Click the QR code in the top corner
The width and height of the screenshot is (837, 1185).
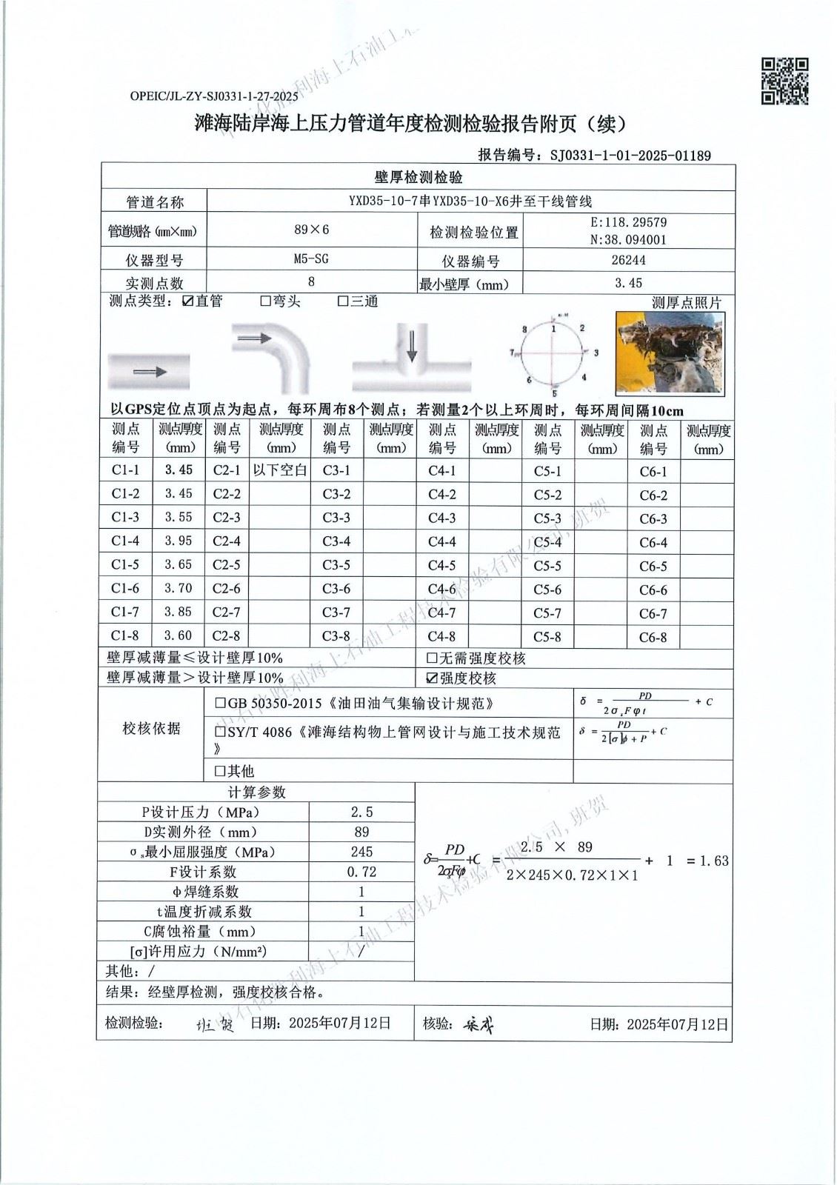[785, 81]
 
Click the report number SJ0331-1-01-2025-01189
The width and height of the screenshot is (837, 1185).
[630, 156]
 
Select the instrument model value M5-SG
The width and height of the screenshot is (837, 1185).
[311, 259]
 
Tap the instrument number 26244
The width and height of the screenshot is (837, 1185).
[628, 260]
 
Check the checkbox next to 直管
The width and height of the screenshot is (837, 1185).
[187, 301]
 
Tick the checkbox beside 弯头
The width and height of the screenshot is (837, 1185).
[265, 301]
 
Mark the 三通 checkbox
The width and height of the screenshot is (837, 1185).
[343, 301]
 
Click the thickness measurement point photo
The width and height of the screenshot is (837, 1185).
[670, 353]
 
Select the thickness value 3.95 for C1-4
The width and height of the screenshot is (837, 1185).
[179, 541]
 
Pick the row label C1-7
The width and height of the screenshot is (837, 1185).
[125, 612]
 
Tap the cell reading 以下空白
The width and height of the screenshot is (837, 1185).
[280, 470]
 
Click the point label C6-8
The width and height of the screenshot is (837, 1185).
[653, 638]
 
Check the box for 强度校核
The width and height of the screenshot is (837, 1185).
[432, 678]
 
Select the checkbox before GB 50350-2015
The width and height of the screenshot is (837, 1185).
[220, 703]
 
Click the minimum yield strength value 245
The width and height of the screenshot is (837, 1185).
[362, 852]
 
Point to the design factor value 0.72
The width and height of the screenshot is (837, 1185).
[362, 872]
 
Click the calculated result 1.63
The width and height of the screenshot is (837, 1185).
[714, 861]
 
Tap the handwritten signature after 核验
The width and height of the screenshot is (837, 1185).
[478, 1025]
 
